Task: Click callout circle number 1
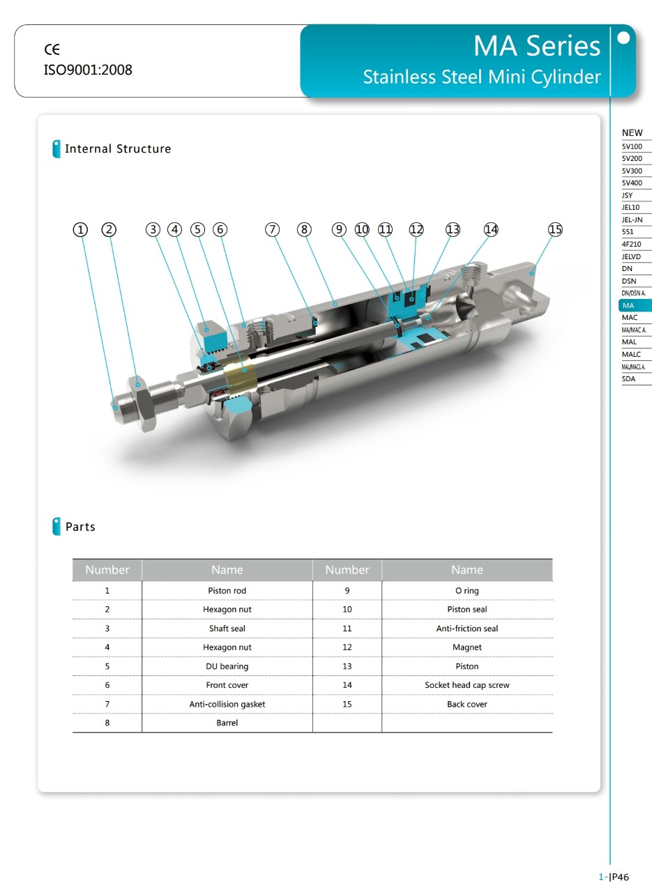[x=81, y=229]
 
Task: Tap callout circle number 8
[x=304, y=229]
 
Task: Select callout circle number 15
[x=555, y=229]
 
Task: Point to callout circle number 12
[x=416, y=229]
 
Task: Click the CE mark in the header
[x=52, y=49]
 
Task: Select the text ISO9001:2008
[x=88, y=70]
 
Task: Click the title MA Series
[x=536, y=46]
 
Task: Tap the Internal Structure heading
[x=118, y=148]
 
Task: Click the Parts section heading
[x=80, y=527]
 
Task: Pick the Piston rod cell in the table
[x=227, y=591]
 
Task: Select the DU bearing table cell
[x=227, y=666]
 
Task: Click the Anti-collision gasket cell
[x=227, y=704]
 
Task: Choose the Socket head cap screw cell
[x=467, y=685]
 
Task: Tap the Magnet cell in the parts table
[x=467, y=647]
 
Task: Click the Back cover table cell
[x=467, y=704]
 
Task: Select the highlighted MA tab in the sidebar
[x=634, y=305]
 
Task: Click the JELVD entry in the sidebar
[x=631, y=256]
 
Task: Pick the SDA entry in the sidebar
[x=629, y=379]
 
